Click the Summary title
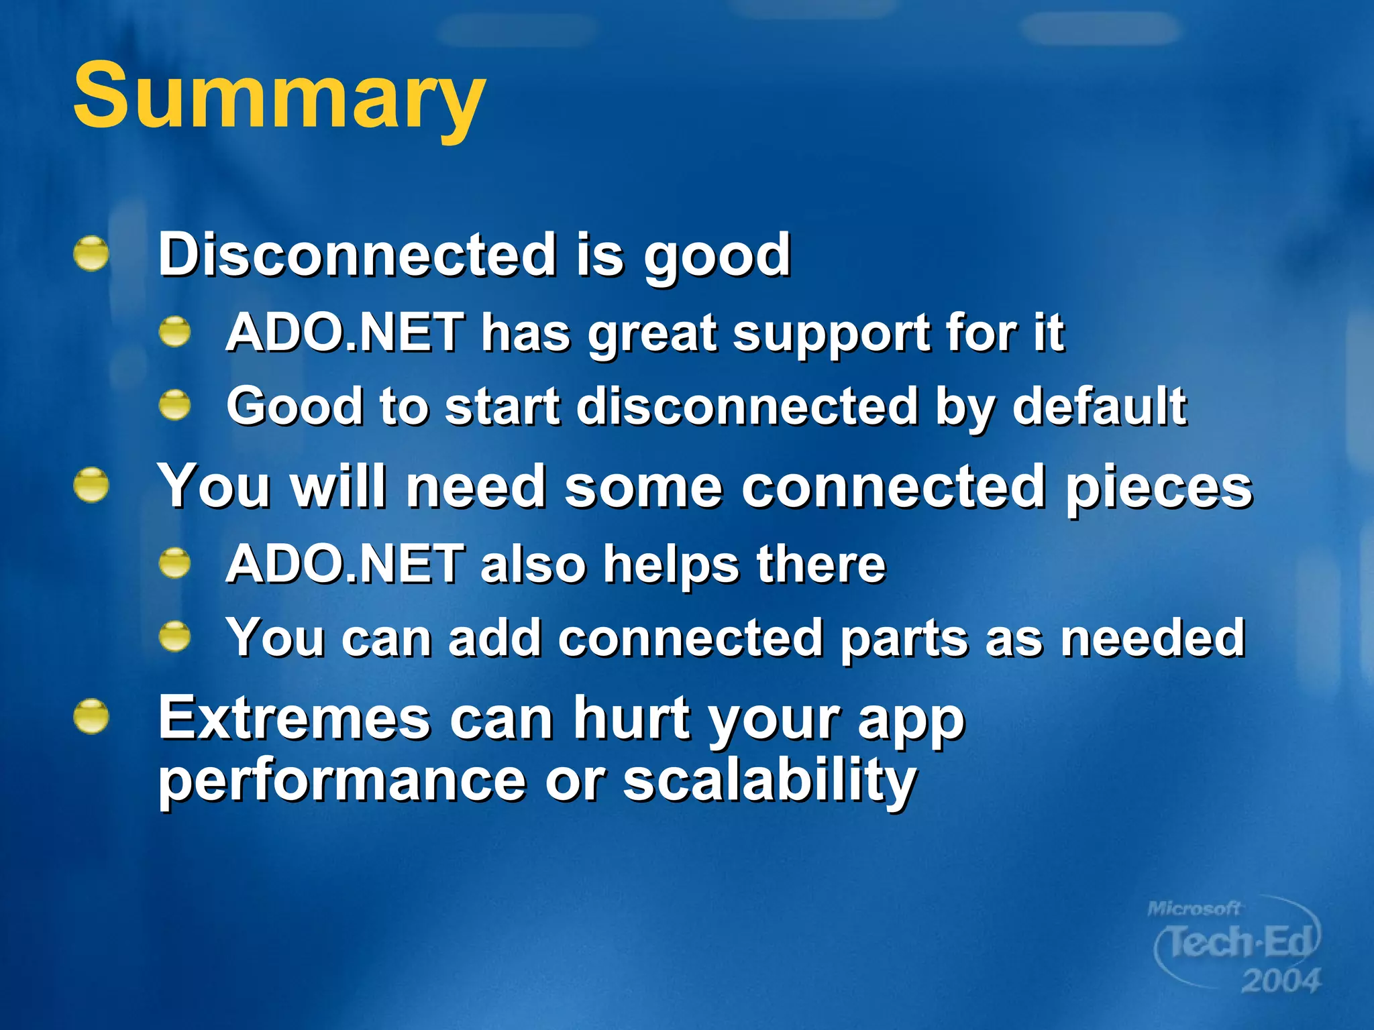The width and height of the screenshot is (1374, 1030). (278, 95)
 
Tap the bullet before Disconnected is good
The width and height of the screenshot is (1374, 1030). (91, 254)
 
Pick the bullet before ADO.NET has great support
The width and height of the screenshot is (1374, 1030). (175, 332)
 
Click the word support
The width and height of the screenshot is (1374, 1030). (830, 335)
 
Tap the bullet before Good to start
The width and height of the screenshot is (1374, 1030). (175, 405)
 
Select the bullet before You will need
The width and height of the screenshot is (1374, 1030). (91, 485)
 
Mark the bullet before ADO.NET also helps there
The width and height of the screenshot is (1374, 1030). (175, 563)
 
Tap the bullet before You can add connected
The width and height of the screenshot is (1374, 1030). (175, 636)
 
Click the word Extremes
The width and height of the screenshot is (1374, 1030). (294, 718)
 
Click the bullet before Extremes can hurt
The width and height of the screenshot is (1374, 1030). (91, 717)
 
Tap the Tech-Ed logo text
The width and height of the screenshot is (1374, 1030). (1238, 942)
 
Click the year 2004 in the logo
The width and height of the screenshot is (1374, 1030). (1280, 981)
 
